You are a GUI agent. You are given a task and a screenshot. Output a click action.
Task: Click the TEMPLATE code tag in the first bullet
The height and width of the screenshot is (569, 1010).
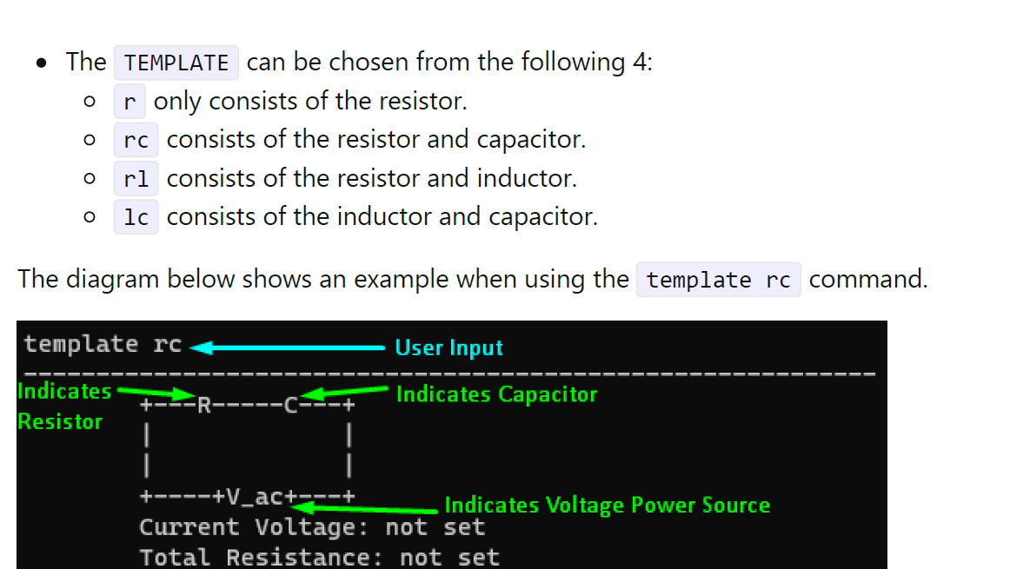coord(176,63)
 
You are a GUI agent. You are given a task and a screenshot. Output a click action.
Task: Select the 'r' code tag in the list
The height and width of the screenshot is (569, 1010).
coord(130,102)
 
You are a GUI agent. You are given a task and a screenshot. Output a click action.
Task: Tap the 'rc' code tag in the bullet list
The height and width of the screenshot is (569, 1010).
coord(136,140)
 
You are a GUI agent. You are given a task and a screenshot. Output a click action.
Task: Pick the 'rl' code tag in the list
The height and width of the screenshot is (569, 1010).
coord(136,179)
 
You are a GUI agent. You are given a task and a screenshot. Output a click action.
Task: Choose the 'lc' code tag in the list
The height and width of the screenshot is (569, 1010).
coord(136,217)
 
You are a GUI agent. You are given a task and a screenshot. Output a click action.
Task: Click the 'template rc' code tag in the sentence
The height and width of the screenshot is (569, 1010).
coord(718,280)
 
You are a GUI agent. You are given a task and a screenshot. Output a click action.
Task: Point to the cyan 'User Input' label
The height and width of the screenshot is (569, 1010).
coord(449,348)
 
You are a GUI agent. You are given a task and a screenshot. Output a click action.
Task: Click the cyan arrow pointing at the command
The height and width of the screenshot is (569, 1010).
coord(287,347)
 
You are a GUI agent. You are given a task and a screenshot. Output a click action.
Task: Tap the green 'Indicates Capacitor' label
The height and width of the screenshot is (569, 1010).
coord(496,394)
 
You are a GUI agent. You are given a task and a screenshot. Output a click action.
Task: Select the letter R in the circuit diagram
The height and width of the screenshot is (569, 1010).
coord(203,406)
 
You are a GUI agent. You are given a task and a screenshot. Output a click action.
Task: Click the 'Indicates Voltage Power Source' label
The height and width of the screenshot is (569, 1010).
coord(607,506)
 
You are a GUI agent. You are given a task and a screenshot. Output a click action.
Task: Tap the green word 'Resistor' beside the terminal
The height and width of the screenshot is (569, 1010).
coord(60,422)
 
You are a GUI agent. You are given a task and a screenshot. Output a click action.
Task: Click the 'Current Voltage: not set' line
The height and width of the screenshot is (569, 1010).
coord(311,527)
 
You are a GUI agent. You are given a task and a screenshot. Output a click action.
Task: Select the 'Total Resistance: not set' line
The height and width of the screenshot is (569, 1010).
coord(319,557)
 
